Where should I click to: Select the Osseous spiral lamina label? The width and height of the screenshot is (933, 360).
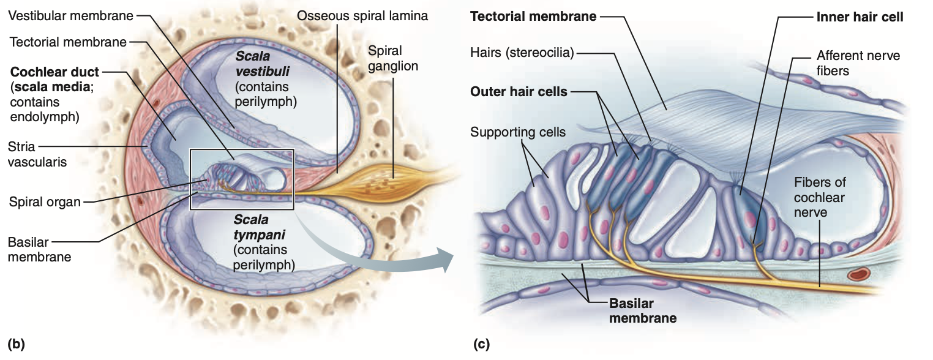pyautogui.click(x=362, y=16)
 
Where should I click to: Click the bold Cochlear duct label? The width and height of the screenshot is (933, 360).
pyautogui.click(x=54, y=72)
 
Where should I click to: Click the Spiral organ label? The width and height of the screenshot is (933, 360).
pyautogui.click(x=45, y=201)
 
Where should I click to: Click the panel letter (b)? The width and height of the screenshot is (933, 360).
pyautogui.click(x=16, y=343)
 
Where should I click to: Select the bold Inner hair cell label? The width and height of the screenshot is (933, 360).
pyautogui.click(x=860, y=17)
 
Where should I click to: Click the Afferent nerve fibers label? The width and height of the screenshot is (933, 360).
pyautogui.click(x=858, y=63)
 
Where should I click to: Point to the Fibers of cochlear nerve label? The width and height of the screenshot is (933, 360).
pyautogui.click(x=819, y=198)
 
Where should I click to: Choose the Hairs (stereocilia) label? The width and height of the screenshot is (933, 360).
pyautogui.click(x=522, y=53)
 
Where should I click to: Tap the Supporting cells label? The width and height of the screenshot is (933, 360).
pyautogui.click(x=518, y=132)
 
